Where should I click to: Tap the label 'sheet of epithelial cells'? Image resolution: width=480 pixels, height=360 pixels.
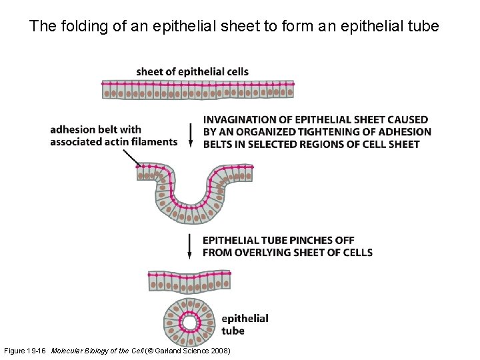(192, 72)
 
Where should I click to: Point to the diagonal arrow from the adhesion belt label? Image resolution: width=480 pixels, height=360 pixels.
(131, 158)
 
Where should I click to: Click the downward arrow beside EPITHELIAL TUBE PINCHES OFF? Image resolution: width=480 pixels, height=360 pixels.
(191, 245)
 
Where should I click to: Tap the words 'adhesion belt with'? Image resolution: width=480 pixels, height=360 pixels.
(96, 129)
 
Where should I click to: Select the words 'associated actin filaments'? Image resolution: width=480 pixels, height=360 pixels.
(113, 141)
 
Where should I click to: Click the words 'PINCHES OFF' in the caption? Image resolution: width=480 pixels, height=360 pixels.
(323, 240)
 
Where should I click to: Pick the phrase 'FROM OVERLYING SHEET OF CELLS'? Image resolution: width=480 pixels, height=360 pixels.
(287, 252)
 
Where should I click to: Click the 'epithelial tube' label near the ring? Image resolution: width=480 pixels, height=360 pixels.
(244, 325)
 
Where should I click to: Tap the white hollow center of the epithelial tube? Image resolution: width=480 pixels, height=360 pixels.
(189, 323)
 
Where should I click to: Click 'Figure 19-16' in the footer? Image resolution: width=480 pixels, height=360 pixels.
(25, 351)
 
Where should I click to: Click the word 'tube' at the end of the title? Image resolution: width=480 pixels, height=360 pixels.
(424, 27)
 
